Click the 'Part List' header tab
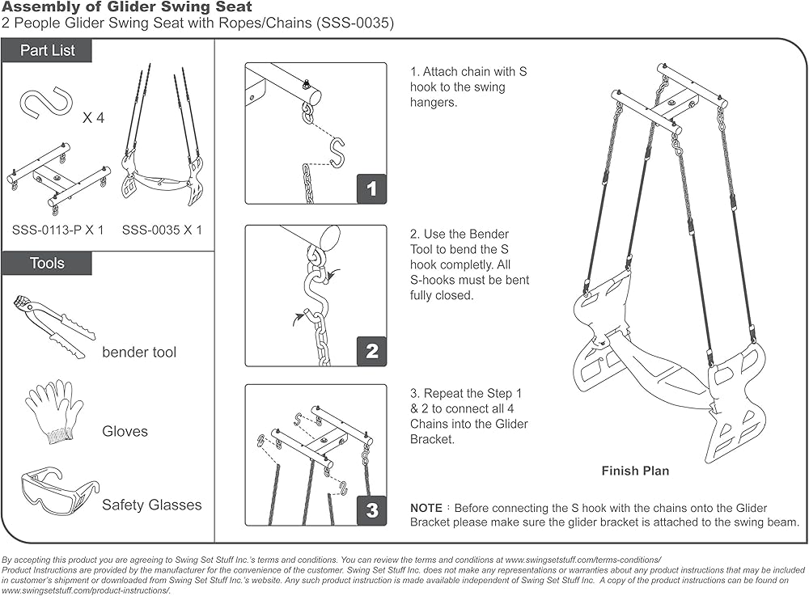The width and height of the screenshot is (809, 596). tap(47, 50)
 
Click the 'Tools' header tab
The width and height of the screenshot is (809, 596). tap(47, 263)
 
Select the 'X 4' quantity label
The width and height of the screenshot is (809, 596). tap(94, 118)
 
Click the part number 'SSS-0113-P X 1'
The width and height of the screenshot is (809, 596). tap(58, 230)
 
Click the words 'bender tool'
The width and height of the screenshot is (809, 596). tap(139, 353)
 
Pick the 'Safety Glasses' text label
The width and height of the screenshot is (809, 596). tap(152, 505)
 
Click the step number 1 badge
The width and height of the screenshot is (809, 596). tap(372, 189)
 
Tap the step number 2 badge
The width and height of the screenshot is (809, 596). tap(372, 351)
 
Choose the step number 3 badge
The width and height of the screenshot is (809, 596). tap(372, 510)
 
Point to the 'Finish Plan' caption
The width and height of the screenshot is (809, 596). tap(635, 471)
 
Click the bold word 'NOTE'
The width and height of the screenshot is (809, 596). tap(426, 508)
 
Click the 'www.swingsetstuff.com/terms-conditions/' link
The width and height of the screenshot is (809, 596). tap(583, 560)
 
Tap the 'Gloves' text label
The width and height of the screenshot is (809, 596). tap(125, 432)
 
